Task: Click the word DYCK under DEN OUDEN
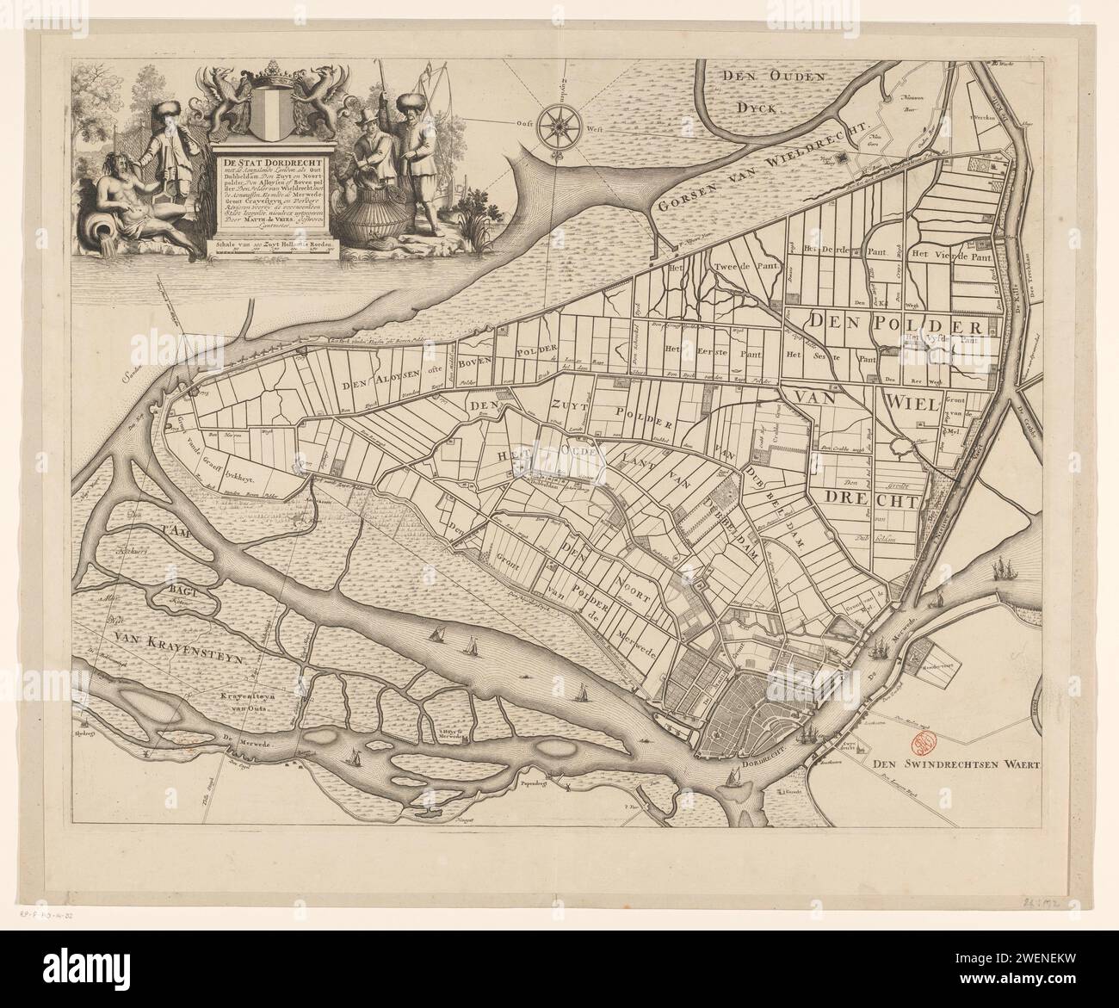tap(757, 107)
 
